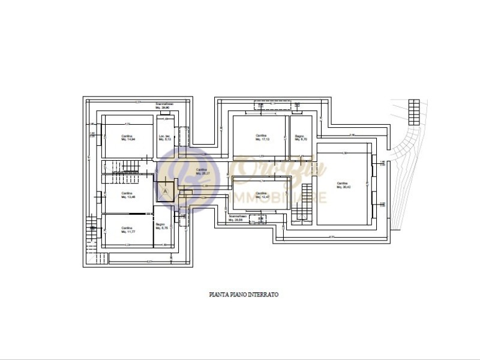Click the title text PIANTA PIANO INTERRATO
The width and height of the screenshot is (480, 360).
pyautogui.click(x=244, y=295)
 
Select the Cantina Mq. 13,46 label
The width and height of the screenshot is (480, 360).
pyautogui.click(x=127, y=196)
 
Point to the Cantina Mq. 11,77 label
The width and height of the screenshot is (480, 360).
pyautogui.click(x=127, y=229)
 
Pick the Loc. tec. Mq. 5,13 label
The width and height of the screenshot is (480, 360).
pyautogui.click(x=165, y=137)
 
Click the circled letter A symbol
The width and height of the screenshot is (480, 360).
pyautogui.click(x=165, y=191)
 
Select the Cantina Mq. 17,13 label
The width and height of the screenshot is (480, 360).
pyautogui.click(x=260, y=137)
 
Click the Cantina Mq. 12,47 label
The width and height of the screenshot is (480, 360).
pyautogui.click(x=260, y=194)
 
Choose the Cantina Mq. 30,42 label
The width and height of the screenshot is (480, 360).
pyautogui.click(x=343, y=185)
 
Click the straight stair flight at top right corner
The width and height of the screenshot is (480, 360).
pyautogui.click(x=413, y=110)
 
